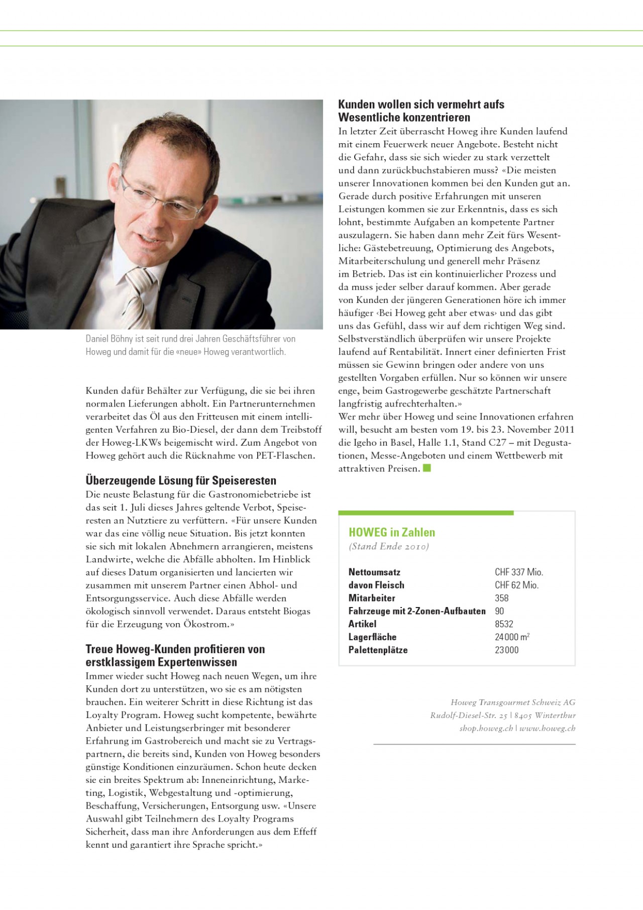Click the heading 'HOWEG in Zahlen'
pos(392,533)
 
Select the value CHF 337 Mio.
pos(519,572)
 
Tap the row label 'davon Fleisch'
pos(376,585)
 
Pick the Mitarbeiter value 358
pos(501,598)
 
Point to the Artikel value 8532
pos(504,624)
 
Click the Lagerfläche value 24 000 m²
pos(512,637)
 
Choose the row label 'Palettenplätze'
pos(378,650)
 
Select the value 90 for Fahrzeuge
pos(499,612)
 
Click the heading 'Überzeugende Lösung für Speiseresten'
pos(181,480)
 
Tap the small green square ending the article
pos(427,468)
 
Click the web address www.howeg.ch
pos(548,729)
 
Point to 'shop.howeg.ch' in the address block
pos(486,729)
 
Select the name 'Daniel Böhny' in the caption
pos(109,339)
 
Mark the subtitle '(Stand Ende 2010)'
pos(389,547)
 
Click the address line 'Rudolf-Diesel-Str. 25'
pos(469,716)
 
